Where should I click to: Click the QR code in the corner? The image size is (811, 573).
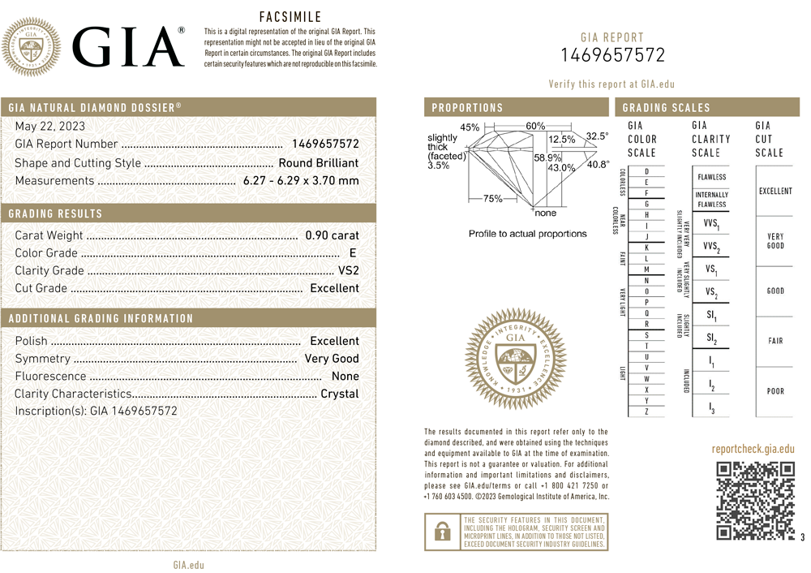pos(755,500)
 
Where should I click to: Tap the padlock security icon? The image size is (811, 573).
pos(442,532)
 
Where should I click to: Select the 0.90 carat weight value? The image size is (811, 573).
pos(332,235)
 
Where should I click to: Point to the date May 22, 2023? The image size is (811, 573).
pos(49,127)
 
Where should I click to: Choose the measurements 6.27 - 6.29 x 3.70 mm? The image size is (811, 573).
pos(301,180)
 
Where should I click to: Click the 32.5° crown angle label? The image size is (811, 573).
pos(597,136)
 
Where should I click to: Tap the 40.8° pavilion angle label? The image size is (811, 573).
pos(598,165)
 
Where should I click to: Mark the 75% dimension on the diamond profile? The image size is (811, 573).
pos(492,198)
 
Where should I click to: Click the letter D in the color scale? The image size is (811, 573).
pos(646,172)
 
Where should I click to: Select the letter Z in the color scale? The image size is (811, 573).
pos(646,412)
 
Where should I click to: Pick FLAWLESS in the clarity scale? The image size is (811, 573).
pos(711,177)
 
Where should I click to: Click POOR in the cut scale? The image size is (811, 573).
pos(775,391)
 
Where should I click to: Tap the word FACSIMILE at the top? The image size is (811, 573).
pos(290,16)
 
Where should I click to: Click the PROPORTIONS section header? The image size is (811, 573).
pos(467,107)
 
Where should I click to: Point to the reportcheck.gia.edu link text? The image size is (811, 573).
pos(753,449)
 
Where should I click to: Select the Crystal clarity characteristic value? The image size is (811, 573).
pos(340,394)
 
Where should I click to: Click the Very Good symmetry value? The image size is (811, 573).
pos(331,358)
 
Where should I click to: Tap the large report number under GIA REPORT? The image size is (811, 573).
pos(612,55)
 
